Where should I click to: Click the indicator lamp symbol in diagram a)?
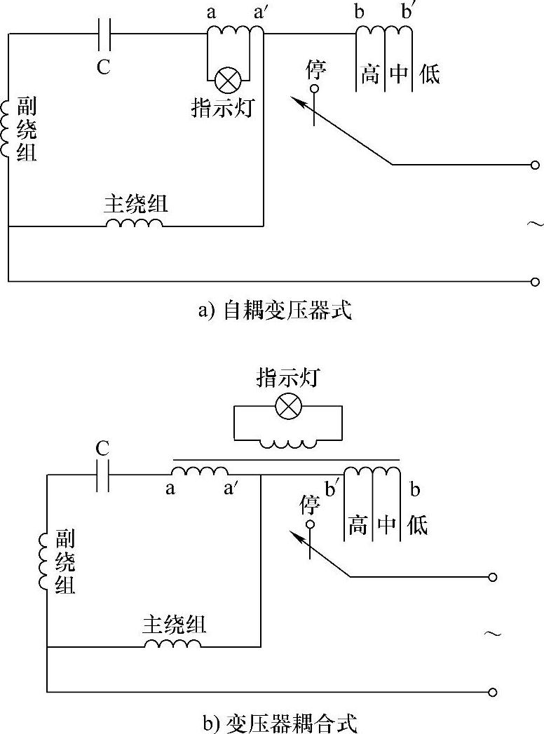[x=227, y=79]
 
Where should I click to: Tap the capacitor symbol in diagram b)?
[x=103, y=475]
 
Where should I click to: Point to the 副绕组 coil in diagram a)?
[x=7, y=128]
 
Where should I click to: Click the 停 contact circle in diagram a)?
[x=313, y=89]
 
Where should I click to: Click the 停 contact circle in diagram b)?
[x=309, y=524]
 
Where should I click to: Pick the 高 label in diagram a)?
[x=370, y=74]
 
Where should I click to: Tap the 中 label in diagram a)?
[x=399, y=74]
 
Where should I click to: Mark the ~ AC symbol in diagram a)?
[x=533, y=224]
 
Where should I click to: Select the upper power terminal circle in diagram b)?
[x=493, y=577]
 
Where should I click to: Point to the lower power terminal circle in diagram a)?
[x=535, y=282]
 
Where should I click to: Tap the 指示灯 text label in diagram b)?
[x=287, y=378]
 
